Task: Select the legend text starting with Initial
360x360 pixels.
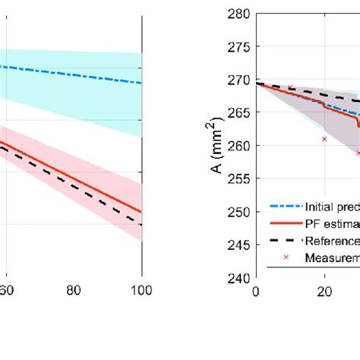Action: tap(332, 206)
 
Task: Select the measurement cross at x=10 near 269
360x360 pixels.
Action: tap(290, 87)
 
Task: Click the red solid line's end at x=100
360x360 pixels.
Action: tap(141, 212)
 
